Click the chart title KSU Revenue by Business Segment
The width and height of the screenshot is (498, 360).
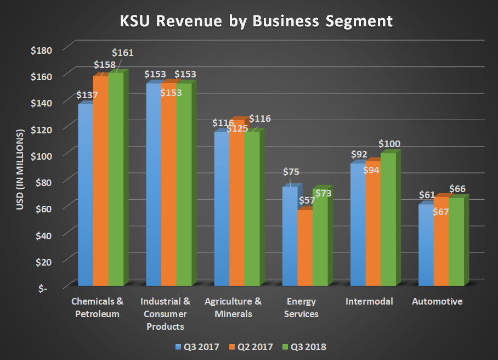257,21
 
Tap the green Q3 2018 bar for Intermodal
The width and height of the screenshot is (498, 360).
388,220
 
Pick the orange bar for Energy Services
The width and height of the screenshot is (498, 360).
304,247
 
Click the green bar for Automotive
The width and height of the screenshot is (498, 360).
456,241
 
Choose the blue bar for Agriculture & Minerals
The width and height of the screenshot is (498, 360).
221,209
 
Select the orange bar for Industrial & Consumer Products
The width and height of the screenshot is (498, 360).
168,187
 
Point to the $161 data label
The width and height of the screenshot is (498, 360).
122,53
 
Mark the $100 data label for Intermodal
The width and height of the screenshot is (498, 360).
389,144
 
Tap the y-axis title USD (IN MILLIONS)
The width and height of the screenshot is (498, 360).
21,170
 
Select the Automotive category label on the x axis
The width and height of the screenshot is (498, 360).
437,301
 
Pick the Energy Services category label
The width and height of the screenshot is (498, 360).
302,308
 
